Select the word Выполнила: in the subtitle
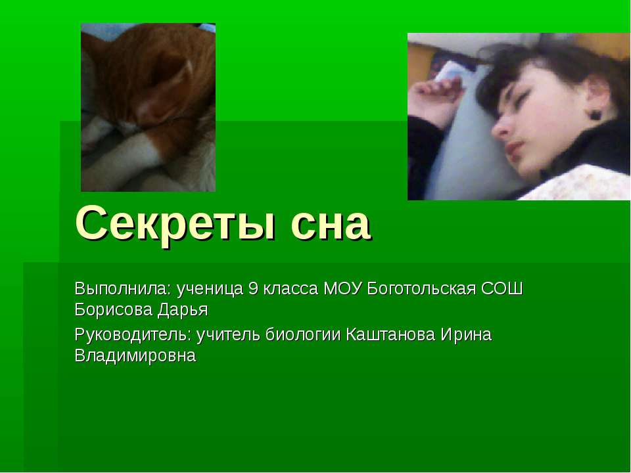coord(121,288)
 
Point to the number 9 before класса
coord(253,288)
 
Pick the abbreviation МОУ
coord(342,288)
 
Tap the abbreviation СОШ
coord(504,288)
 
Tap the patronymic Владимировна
coord(135,355)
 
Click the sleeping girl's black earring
coord(596,114)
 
